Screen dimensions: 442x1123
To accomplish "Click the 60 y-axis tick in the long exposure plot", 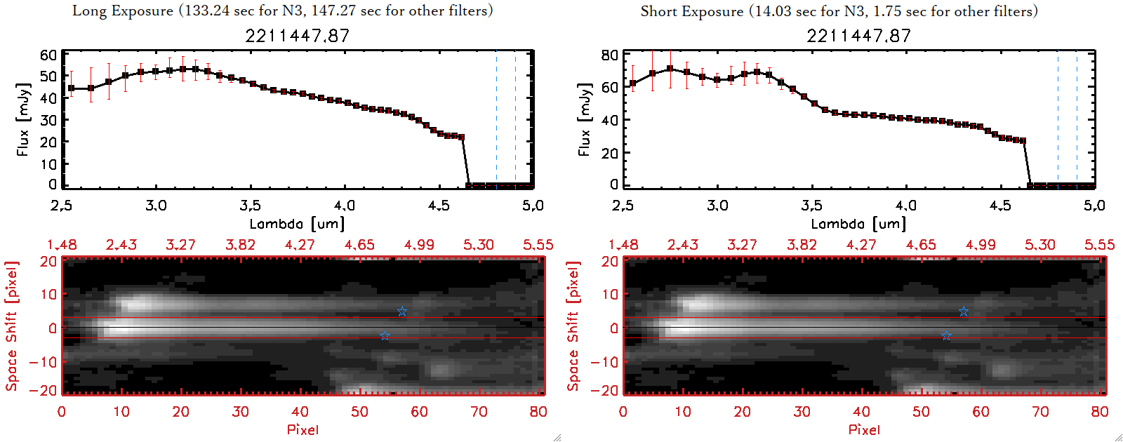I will [x=48, y=55].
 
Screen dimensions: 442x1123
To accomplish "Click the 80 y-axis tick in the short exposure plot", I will [x=610, y=55].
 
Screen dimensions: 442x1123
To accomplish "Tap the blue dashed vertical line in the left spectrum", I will [x=515, y=119].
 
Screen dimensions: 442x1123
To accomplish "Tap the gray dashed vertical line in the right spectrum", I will [x=1058, y=119].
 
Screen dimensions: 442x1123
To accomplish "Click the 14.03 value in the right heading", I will [x=774, y=11].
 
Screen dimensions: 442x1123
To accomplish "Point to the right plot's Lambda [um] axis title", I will [x=858, y=224].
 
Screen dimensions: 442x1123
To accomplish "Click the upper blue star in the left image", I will [x=402, y=312].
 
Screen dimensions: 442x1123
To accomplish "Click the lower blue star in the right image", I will [x=946, y=336].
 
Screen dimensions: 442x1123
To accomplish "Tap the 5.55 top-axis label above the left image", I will [x=538, y=245].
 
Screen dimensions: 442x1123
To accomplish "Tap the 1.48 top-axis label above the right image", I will [x=623, y=245].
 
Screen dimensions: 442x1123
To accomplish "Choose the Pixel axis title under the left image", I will [x=303, y=429].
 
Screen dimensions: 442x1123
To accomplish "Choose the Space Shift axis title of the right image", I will [x=573, y=326].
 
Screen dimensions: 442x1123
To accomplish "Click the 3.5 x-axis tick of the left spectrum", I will [x=250, y=206].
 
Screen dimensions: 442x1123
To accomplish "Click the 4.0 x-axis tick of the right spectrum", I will [x=905, y=206].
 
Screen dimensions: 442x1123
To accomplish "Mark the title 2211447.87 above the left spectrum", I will [x=297, y=36].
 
